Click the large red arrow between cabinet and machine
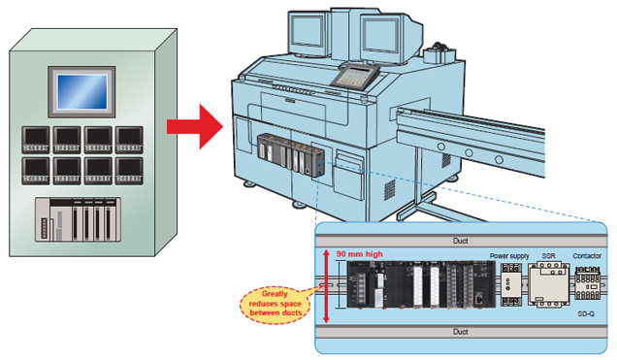[195, 127]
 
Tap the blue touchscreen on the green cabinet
[81, 92]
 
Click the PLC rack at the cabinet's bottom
[78, 219]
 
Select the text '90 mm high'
[359, 254]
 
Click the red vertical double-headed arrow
[326, 286]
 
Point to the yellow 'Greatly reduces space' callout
[276, 304]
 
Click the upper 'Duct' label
[461, 241]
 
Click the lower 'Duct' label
[461, 332]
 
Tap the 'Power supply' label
[509, 256]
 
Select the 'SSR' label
[548, 256]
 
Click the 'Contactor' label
[587, 256]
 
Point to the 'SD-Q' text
[586, 313]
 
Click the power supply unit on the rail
[511, 284]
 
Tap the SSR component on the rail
[548, 284]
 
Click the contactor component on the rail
[588, 283]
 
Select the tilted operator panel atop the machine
[355, 75]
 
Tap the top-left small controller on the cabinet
[36, 140]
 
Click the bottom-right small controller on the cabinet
[129, 171]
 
